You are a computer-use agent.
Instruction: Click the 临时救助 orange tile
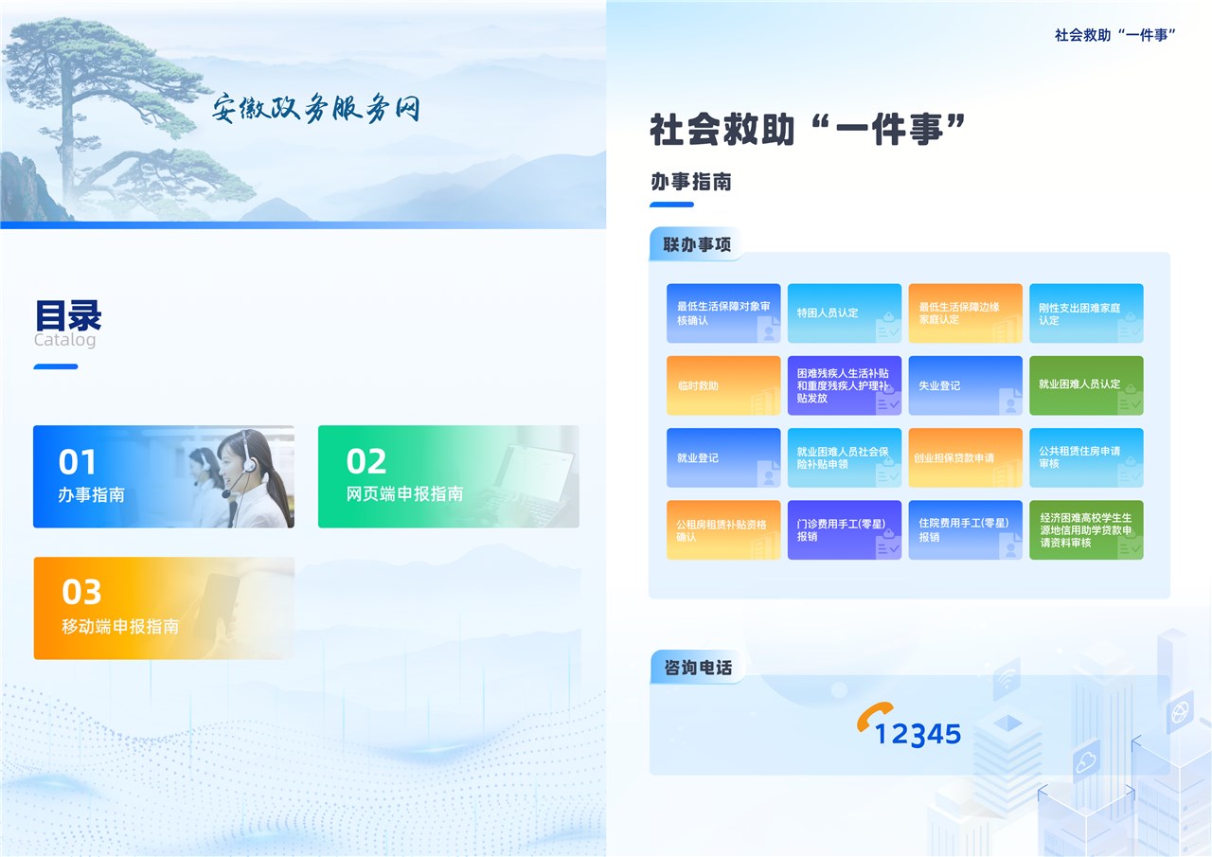(723, 385)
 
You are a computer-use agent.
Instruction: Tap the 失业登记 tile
(965, 385)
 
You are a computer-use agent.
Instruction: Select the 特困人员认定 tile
(844, 312)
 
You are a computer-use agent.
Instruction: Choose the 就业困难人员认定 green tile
(1086, 385)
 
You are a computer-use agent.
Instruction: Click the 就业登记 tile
(723, 457)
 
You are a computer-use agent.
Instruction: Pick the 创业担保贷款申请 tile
(965, 457)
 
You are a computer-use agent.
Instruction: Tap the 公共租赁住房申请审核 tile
(1086, 457)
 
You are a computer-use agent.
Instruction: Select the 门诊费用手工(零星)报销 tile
(844, 529)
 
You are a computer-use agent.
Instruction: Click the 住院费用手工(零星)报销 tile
(965, 529)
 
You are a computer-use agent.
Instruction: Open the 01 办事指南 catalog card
(164, 476)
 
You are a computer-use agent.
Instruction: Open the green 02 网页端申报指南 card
(449, 476)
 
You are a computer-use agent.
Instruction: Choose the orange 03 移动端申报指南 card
(164, 608)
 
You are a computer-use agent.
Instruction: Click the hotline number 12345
(918, 734)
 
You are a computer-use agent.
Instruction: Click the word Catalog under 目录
(65, 340)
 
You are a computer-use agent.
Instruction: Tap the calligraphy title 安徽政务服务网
(315, 108)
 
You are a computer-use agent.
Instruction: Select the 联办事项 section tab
(697, 244)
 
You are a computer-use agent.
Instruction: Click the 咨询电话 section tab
(698, 668)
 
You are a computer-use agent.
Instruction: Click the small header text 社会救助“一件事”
(1115, 35)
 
